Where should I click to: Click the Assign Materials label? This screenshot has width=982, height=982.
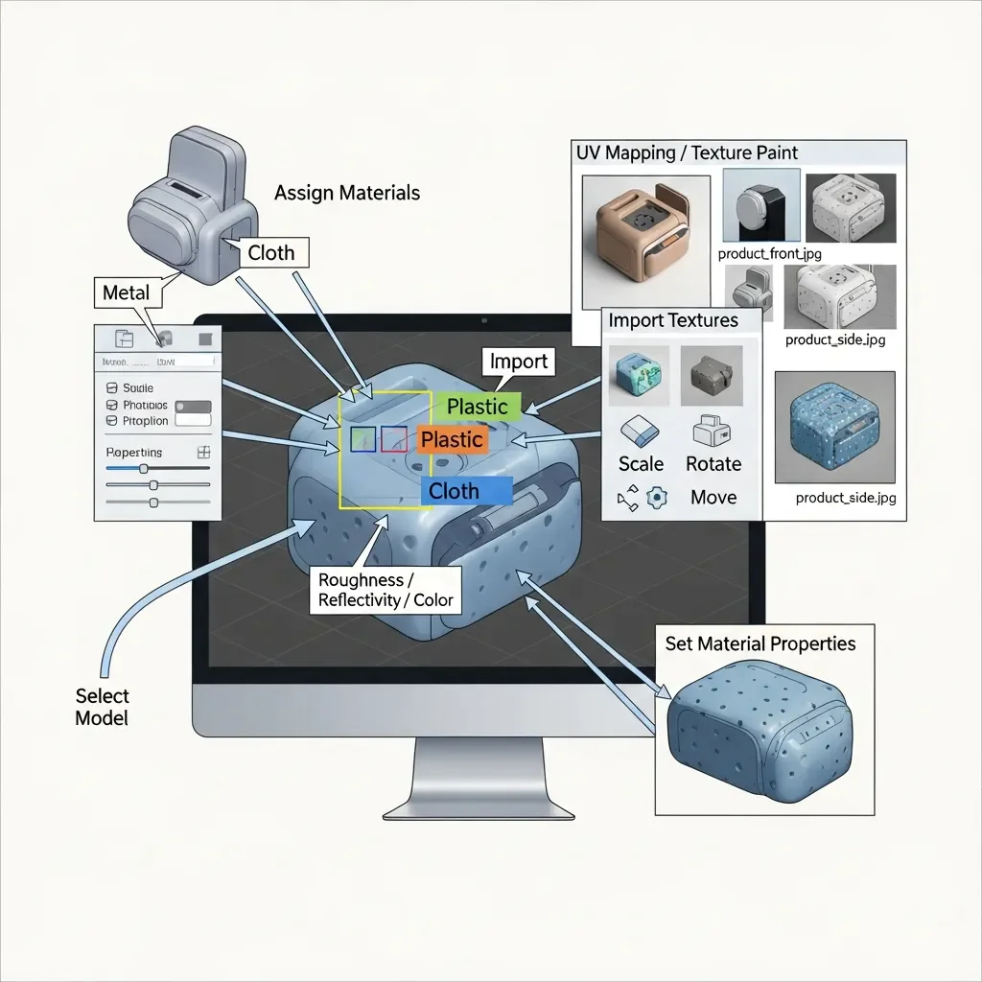click(x=347, y=193)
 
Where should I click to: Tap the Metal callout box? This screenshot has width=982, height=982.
click(x=127, y=292)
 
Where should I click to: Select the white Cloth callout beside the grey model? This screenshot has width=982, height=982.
click(x=271, y=253)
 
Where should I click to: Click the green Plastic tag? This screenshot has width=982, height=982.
click(x=478, y=407)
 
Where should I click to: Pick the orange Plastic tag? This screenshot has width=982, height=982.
click(x=452, y=439)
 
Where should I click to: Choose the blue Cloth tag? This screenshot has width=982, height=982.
click(x=455, y=491)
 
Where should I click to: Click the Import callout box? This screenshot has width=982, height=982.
click(x=518, y=362)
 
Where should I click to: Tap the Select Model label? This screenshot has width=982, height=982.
click(x=102, y=707)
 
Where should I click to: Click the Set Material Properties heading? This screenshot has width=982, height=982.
click(x=760, y=643)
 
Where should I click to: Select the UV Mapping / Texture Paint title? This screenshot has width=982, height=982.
click(x=687, y=152)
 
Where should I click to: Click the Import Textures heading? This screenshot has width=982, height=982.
click(x=673, y=320)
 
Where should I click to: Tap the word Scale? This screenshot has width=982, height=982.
click(x=641, y=464)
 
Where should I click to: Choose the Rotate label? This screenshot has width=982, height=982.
click(x=713, y=464)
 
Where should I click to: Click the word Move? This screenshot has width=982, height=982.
click(x=713, y=497)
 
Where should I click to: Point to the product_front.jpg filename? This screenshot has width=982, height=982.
click(x=769, y=254)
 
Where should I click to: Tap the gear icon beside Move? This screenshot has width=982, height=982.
click(x=657, y=497)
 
